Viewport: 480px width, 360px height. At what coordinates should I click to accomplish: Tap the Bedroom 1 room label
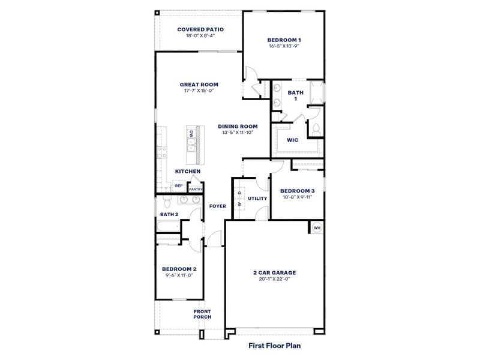(284, 40)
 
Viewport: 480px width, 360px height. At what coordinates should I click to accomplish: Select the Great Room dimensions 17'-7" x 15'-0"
(199, 91)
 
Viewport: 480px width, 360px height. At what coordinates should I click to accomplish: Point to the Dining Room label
(238, 126)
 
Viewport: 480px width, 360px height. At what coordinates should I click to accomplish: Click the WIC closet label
(292, 140)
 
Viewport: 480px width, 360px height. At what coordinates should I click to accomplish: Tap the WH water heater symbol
(317, 227)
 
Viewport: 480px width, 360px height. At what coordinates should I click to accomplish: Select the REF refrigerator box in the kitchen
(178, 186)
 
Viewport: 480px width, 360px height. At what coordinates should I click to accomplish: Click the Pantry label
(196, 189)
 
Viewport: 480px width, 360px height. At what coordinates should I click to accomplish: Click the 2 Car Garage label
(274, 272)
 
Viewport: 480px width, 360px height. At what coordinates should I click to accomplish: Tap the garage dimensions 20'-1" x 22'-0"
(274, 279)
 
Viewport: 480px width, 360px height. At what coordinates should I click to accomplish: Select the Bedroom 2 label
(179, 269)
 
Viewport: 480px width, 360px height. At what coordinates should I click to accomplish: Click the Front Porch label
(202, 314)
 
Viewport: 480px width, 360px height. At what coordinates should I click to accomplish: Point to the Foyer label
(217, 206)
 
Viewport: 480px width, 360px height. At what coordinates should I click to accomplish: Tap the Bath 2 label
(169, 214)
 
